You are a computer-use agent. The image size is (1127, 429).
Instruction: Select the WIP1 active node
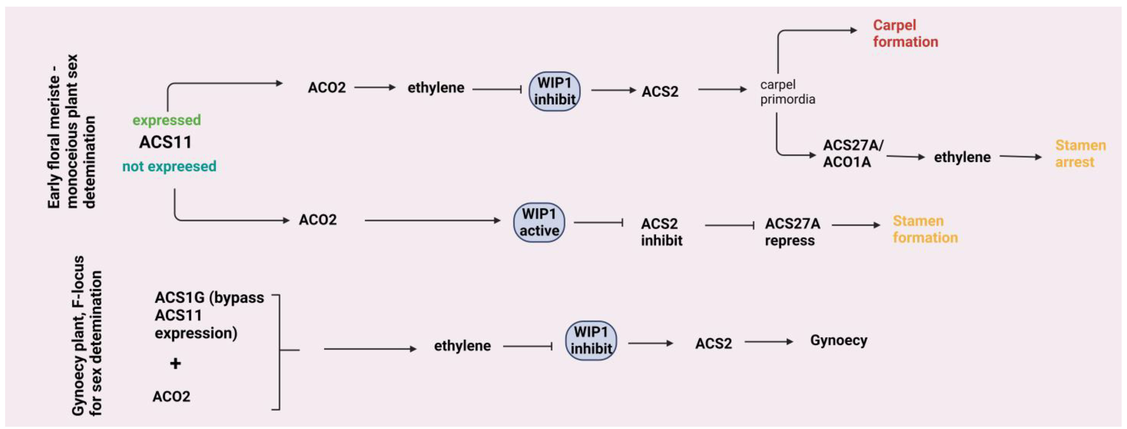click(539, 222)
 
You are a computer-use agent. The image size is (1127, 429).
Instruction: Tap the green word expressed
click(167, 120)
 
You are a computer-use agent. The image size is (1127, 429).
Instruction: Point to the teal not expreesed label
click(169, 166)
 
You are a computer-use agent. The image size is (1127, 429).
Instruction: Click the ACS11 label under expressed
click(165, 142)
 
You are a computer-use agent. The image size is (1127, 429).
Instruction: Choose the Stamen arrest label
click(1080, 154)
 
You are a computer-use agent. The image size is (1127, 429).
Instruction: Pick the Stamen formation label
click(925, 229)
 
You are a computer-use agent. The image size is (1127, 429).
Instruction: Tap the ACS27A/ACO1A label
click(852, 154)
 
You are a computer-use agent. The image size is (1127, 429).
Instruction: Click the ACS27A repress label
click(792, 232)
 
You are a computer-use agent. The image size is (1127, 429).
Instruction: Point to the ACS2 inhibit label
click(661, 232)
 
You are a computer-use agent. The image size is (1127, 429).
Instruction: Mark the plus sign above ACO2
click(175, 363)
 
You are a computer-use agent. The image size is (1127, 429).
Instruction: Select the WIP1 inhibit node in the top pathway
click(554, 91)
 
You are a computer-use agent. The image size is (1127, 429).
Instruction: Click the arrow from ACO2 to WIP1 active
click(432, 220)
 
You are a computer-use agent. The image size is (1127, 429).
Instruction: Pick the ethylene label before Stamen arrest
click(962, 157)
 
